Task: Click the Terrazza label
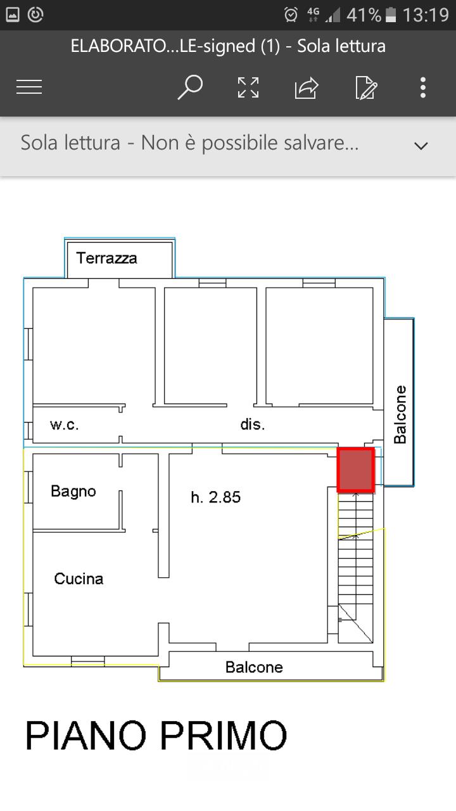pyautogui.click(x=106, y=258)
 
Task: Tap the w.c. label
pyautogui.click(x=65, y=425)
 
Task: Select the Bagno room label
pyautogui.click(x=73, y=491)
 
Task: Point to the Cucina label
pyautogui.click(x=79, y=578)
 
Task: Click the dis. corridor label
pyautogui.click(x=253, y=425)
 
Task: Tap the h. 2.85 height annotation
pyautogui.click(x=216, y=497)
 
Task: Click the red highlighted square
pyautogui.click(x=355, y=470)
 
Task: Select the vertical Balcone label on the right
pyautogui.click(x=400, y=414)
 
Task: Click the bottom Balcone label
pyautogui.click(x=254, y=667)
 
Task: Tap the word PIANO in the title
pyautogui.click(x=86, y=736)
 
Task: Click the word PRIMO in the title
pyautogui.click(x=223, y=736)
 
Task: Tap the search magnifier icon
pyautogui.click(x=189, y=87)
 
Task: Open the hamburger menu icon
pyautogui.click(x=29, y=87)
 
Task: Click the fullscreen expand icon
pyautogui.click(x=248, y=87)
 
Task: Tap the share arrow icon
pyautogui.click(x=307, y=87)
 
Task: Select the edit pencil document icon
pyautogui.click(x=366, y=87)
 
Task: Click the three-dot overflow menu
pyautogui.click(x=423, y=87)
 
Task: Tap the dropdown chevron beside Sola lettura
pyautogui.click(x=421, y=146)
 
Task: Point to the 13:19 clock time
pyautogui.click(x=426, y=15)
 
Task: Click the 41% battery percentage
pyautogui.click(x=364, y=15)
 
